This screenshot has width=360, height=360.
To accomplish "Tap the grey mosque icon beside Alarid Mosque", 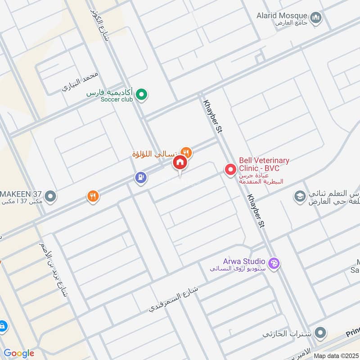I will pos(317,18).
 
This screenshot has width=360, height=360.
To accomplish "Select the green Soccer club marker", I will pos(142,94).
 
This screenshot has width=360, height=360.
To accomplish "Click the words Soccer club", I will pos(117,99).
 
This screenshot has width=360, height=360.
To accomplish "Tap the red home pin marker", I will pos(180,163).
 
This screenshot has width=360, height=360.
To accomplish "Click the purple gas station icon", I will pos(141,178).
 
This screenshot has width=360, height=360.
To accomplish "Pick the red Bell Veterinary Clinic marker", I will pos(230,170).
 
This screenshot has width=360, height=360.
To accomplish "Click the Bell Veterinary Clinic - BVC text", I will pos(264,164).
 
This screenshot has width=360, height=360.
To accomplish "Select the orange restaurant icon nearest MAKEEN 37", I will pos(93,196).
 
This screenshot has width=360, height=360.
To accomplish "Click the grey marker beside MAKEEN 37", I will pos(51,196).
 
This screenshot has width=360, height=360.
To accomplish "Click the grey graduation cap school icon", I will pos(299,196).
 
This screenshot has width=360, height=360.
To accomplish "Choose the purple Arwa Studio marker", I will pos(274,264).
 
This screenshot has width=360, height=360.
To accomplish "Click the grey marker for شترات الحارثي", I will pos(320,333).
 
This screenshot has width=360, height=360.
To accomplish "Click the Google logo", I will pos(18,353).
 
